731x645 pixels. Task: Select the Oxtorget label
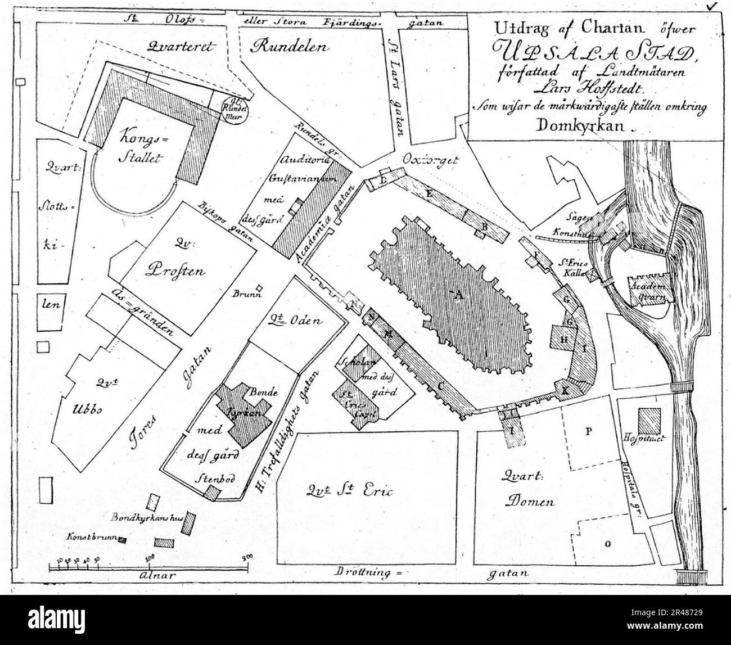431,160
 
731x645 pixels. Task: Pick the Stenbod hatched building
212,492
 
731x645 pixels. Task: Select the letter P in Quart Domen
589,431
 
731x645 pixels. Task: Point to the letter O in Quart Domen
607,544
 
